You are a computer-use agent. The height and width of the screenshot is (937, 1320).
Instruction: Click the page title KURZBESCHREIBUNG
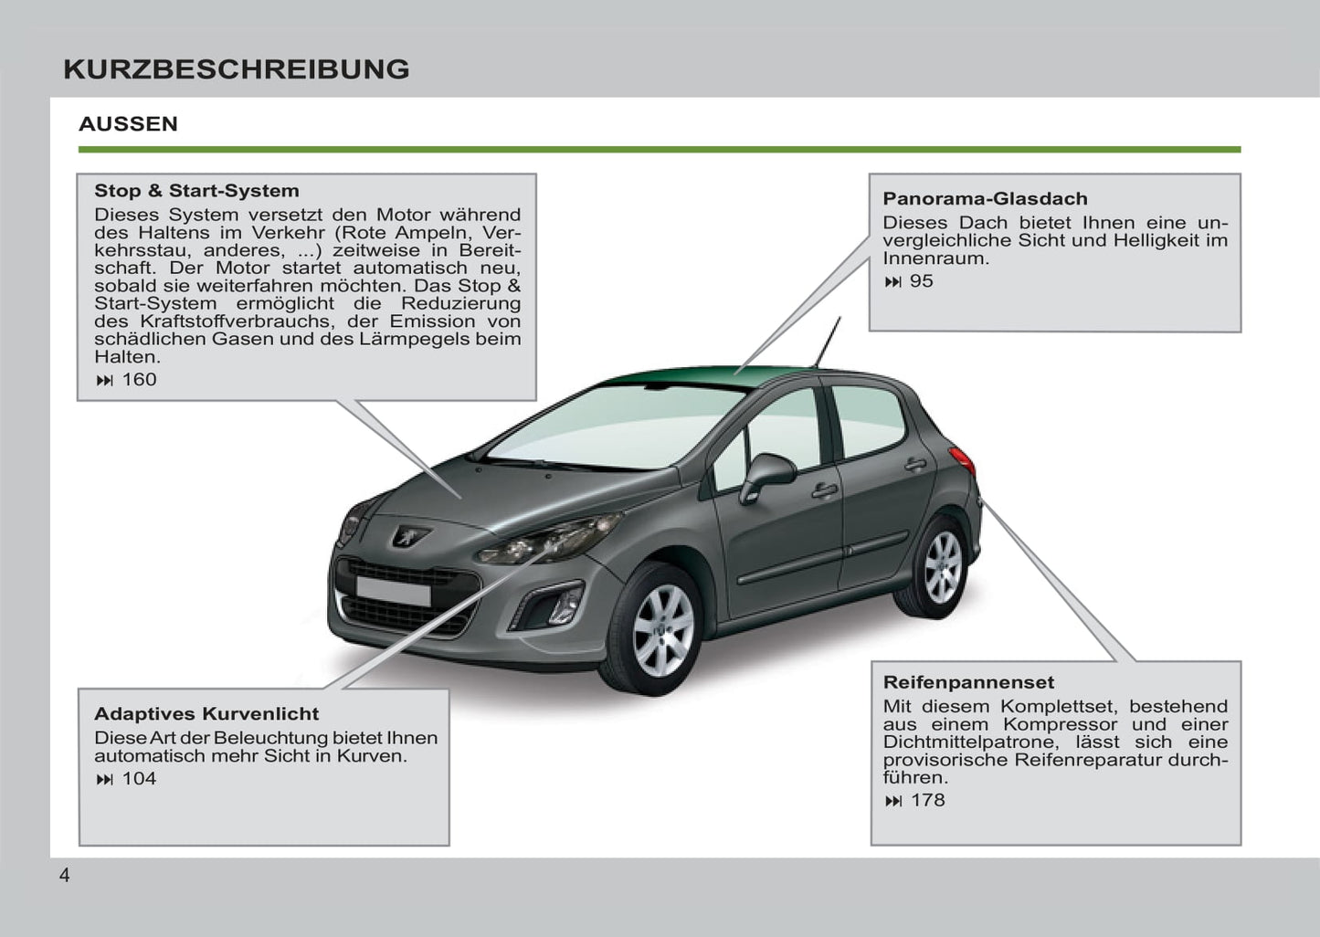tap(237, 69)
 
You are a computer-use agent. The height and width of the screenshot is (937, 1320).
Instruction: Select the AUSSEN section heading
tap(128, 124)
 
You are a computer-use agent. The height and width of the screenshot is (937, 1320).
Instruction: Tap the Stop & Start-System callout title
tap(196, 191)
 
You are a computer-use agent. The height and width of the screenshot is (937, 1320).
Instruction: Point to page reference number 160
tap(139, 380)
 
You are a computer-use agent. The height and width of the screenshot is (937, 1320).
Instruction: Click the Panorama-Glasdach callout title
tap(985, 199)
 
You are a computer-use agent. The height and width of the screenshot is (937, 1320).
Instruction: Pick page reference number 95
tap(921, 281)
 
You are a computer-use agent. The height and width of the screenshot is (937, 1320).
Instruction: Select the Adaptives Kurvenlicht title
tap(206, 714)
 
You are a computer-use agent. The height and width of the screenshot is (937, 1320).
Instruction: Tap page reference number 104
tap(139, 779)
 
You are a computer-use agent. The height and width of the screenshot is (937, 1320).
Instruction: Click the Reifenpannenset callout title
tap(968, 682)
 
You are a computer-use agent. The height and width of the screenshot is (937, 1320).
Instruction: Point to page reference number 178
tap(927, 801)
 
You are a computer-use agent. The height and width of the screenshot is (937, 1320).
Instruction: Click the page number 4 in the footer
tap(64, 876)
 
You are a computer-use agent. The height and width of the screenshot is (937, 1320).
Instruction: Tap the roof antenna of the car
tap(828, 342)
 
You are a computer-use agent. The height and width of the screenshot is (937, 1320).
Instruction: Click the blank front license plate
tap(393, 591)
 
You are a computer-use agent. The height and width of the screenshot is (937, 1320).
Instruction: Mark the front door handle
tap(824, 490)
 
